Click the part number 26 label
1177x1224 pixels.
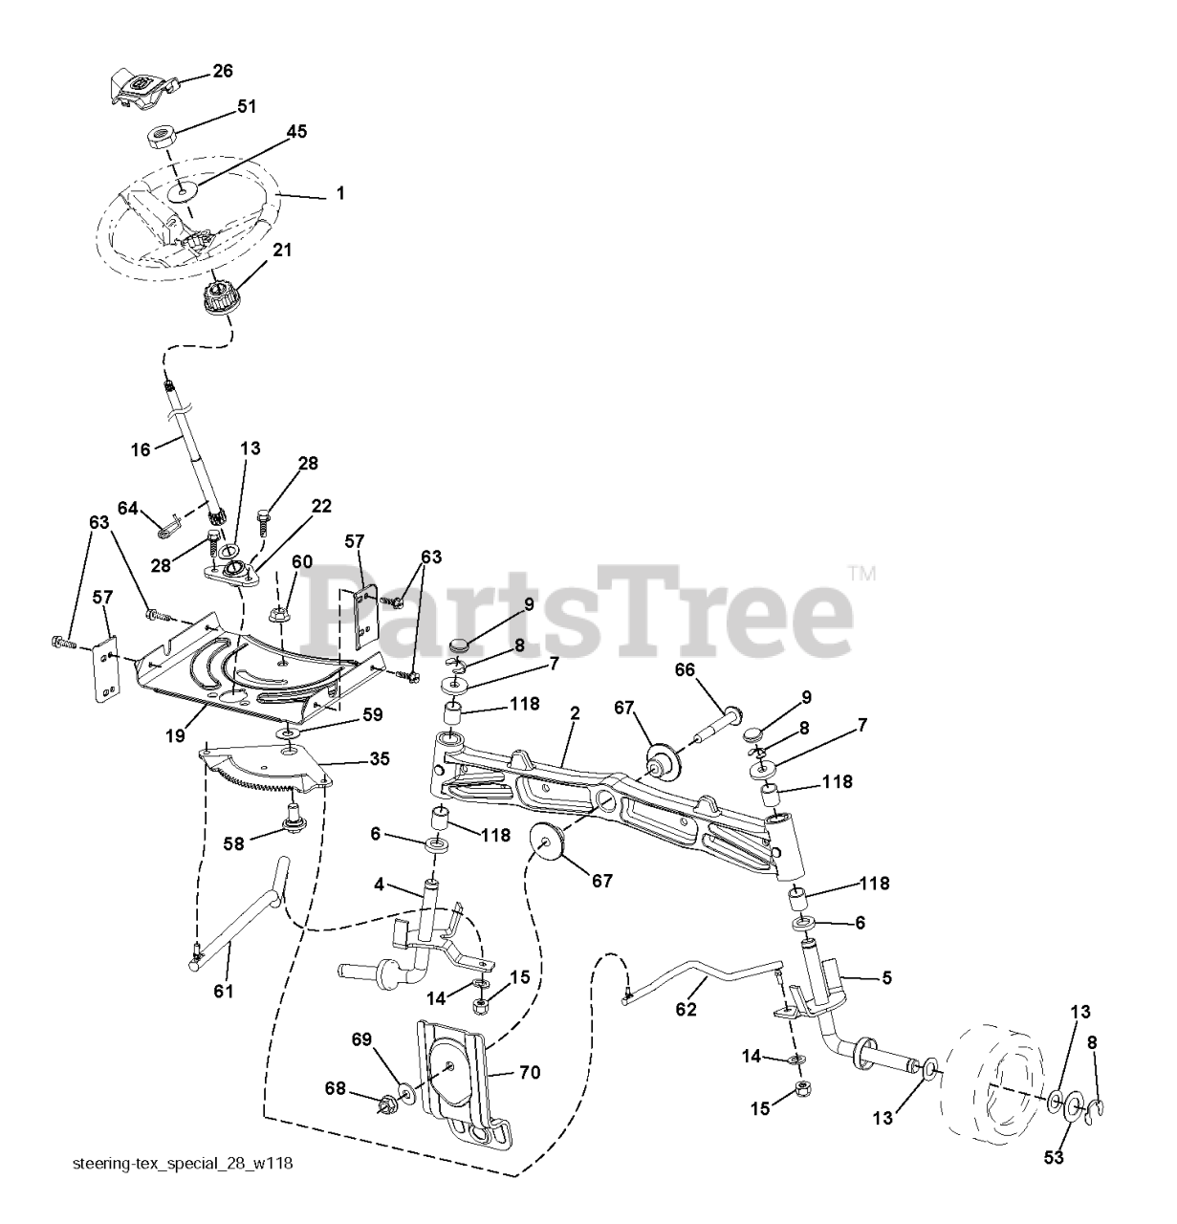tap(222, 71)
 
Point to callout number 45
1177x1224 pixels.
tap(296, 132)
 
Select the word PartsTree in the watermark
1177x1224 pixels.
tap(583, 607)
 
